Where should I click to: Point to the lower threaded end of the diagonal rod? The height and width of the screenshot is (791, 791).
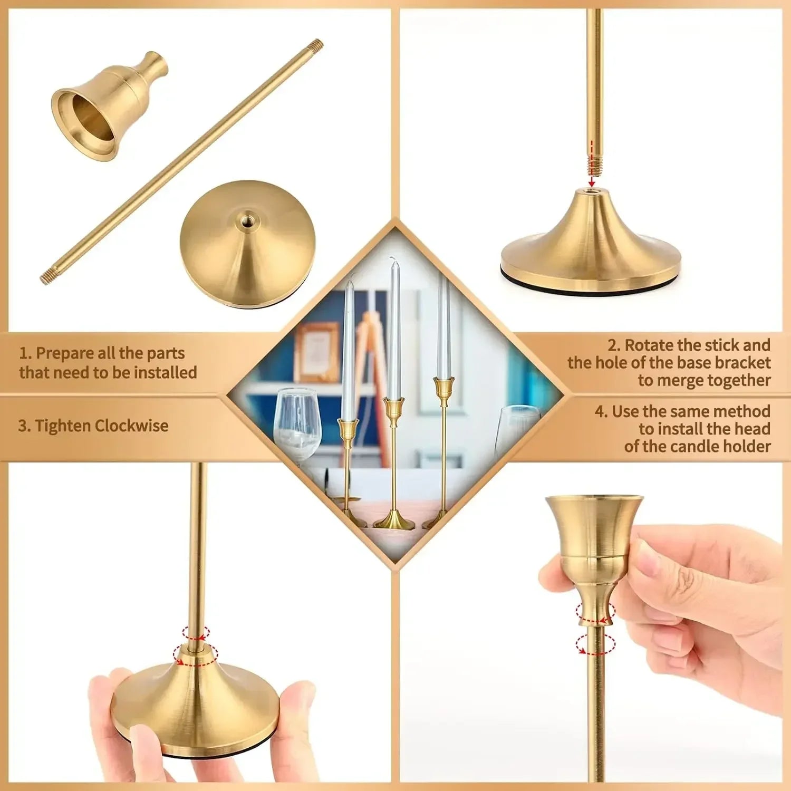tap(47, 276)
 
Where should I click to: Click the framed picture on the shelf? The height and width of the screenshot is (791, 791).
tap(316, 351)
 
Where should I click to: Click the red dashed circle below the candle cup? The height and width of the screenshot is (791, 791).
tap(595, 644)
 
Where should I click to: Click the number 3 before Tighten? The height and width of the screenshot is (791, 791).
tap(22, 426)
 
